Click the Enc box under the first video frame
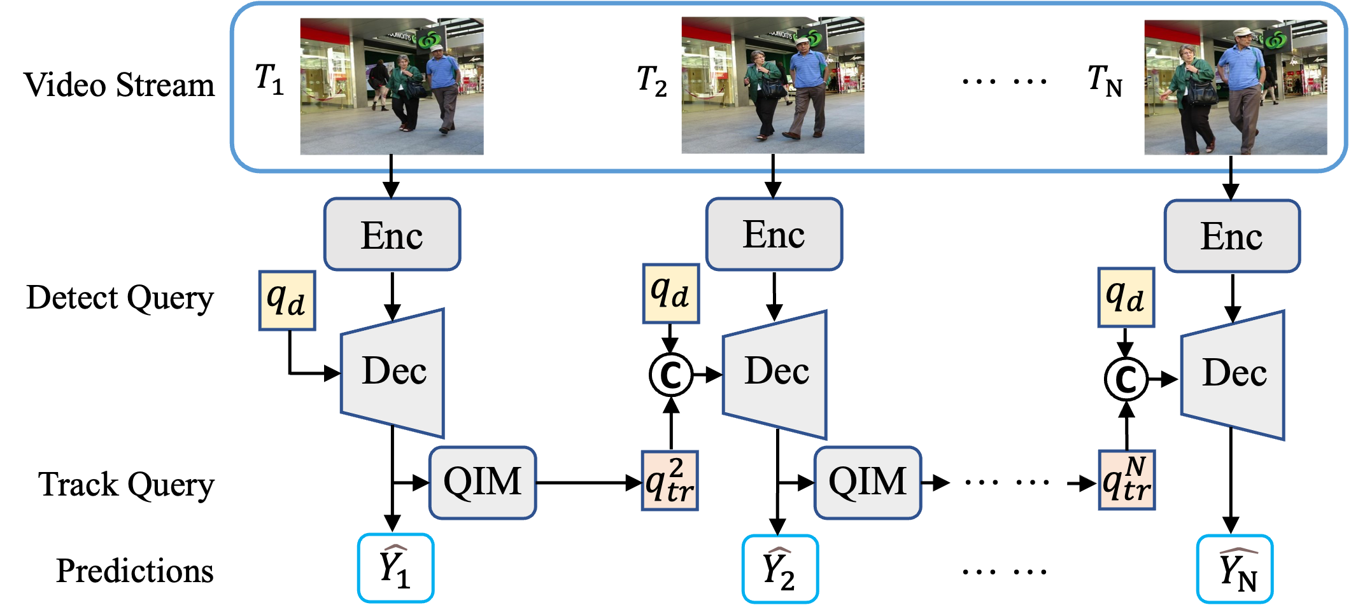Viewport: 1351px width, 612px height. [392, 235]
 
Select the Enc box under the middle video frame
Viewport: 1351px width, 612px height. [774, 234]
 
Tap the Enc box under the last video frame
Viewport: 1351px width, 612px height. [1232, 236]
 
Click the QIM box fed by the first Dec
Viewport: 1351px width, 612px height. [483, 482]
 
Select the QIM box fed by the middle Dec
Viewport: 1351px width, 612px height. [867, 482]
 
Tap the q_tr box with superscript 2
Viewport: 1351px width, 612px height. [670, 481]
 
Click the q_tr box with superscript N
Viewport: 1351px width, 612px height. [1127, 481]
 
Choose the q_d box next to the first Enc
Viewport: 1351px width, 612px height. [287, 301]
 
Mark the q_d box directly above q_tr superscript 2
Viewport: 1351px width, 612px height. [670, 294]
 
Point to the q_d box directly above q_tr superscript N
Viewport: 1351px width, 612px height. [1126, 298]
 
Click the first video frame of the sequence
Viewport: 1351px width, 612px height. [392, 87]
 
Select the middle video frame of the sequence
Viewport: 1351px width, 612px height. [772, 85]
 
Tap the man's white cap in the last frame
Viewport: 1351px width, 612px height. [1243, 32]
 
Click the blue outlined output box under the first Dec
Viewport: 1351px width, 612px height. [395, 568]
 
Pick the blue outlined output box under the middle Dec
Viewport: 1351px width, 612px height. [780, 569]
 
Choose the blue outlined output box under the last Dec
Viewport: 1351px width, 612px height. [1234, 569]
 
